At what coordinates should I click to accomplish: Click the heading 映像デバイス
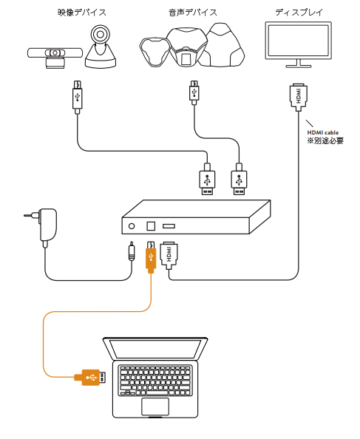(82, 13)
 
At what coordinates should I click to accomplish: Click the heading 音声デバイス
(193, 13)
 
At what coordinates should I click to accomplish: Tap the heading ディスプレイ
(299, 13)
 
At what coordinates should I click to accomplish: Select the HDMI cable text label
(323, 132)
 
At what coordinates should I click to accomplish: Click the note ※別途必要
(325, 140)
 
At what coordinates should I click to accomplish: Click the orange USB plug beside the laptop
(90, 378)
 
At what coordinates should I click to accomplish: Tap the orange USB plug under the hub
(151, 256)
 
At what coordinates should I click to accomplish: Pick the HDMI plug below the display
(299, 96)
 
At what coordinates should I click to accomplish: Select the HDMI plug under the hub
(169, 255)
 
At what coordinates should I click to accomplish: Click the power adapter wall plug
(45, 225)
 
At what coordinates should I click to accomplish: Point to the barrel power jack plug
(132, 251)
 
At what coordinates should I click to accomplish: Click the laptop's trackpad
(155, 406)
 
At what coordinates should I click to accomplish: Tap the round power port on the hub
(132, 226)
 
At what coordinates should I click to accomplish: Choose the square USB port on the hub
(151, 225)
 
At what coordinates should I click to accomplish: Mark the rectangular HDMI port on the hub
(169, 225)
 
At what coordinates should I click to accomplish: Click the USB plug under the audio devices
(194, 92)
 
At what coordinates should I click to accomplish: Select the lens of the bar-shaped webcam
(55, 53)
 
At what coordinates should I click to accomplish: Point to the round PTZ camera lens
(100, 35)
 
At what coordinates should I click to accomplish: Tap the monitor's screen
(299, 41)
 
